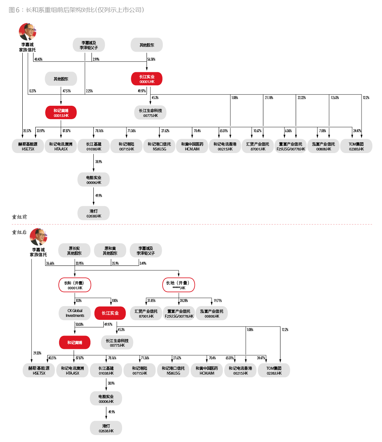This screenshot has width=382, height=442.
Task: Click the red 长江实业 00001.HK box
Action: [x=147, y=79]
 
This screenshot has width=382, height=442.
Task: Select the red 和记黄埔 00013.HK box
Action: [x=61, y=113]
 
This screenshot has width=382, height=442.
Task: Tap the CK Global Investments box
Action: [x=75, y=313]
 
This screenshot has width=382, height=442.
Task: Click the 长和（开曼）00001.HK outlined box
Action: [x=75, y=285]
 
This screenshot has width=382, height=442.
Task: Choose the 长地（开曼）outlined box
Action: [x=179, y=285]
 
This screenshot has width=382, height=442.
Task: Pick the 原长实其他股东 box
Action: [x=74, y=251]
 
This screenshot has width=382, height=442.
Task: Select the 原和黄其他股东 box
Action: [x=110, y=251]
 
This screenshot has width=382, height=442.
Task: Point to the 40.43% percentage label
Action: [x=38, y=59]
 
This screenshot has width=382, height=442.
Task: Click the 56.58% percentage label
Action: [x=151, y=59]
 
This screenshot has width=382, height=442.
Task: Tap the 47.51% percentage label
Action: [x=67, y=91]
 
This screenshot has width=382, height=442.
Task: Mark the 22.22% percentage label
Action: [x=302, y=98]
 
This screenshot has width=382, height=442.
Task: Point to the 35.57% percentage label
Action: [x=27, y=131]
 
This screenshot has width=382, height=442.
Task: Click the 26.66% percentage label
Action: [x=50, y=264]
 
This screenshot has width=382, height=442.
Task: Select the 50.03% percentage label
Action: [x=80, y=324]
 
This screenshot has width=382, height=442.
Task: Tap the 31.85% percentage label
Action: [x=151, y=301]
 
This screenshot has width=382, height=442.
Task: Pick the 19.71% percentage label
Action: [x=218, y=301]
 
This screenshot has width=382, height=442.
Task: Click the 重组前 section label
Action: [x=19, y=217]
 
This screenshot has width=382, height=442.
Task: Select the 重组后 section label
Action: [x=19, y=232]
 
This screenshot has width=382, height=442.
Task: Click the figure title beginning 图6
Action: [x=77, y=10]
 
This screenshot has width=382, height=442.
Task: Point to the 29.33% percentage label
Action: [x=37, y=353]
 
